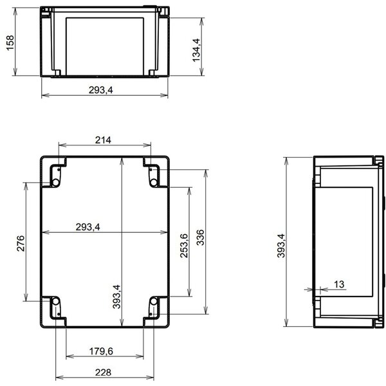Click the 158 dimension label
[x=10, y=44]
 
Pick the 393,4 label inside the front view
[x=116, y=297]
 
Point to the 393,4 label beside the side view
[x=280, y=246]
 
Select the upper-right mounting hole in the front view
[x=155, y=182]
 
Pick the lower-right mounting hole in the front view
[x=155, y=301]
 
